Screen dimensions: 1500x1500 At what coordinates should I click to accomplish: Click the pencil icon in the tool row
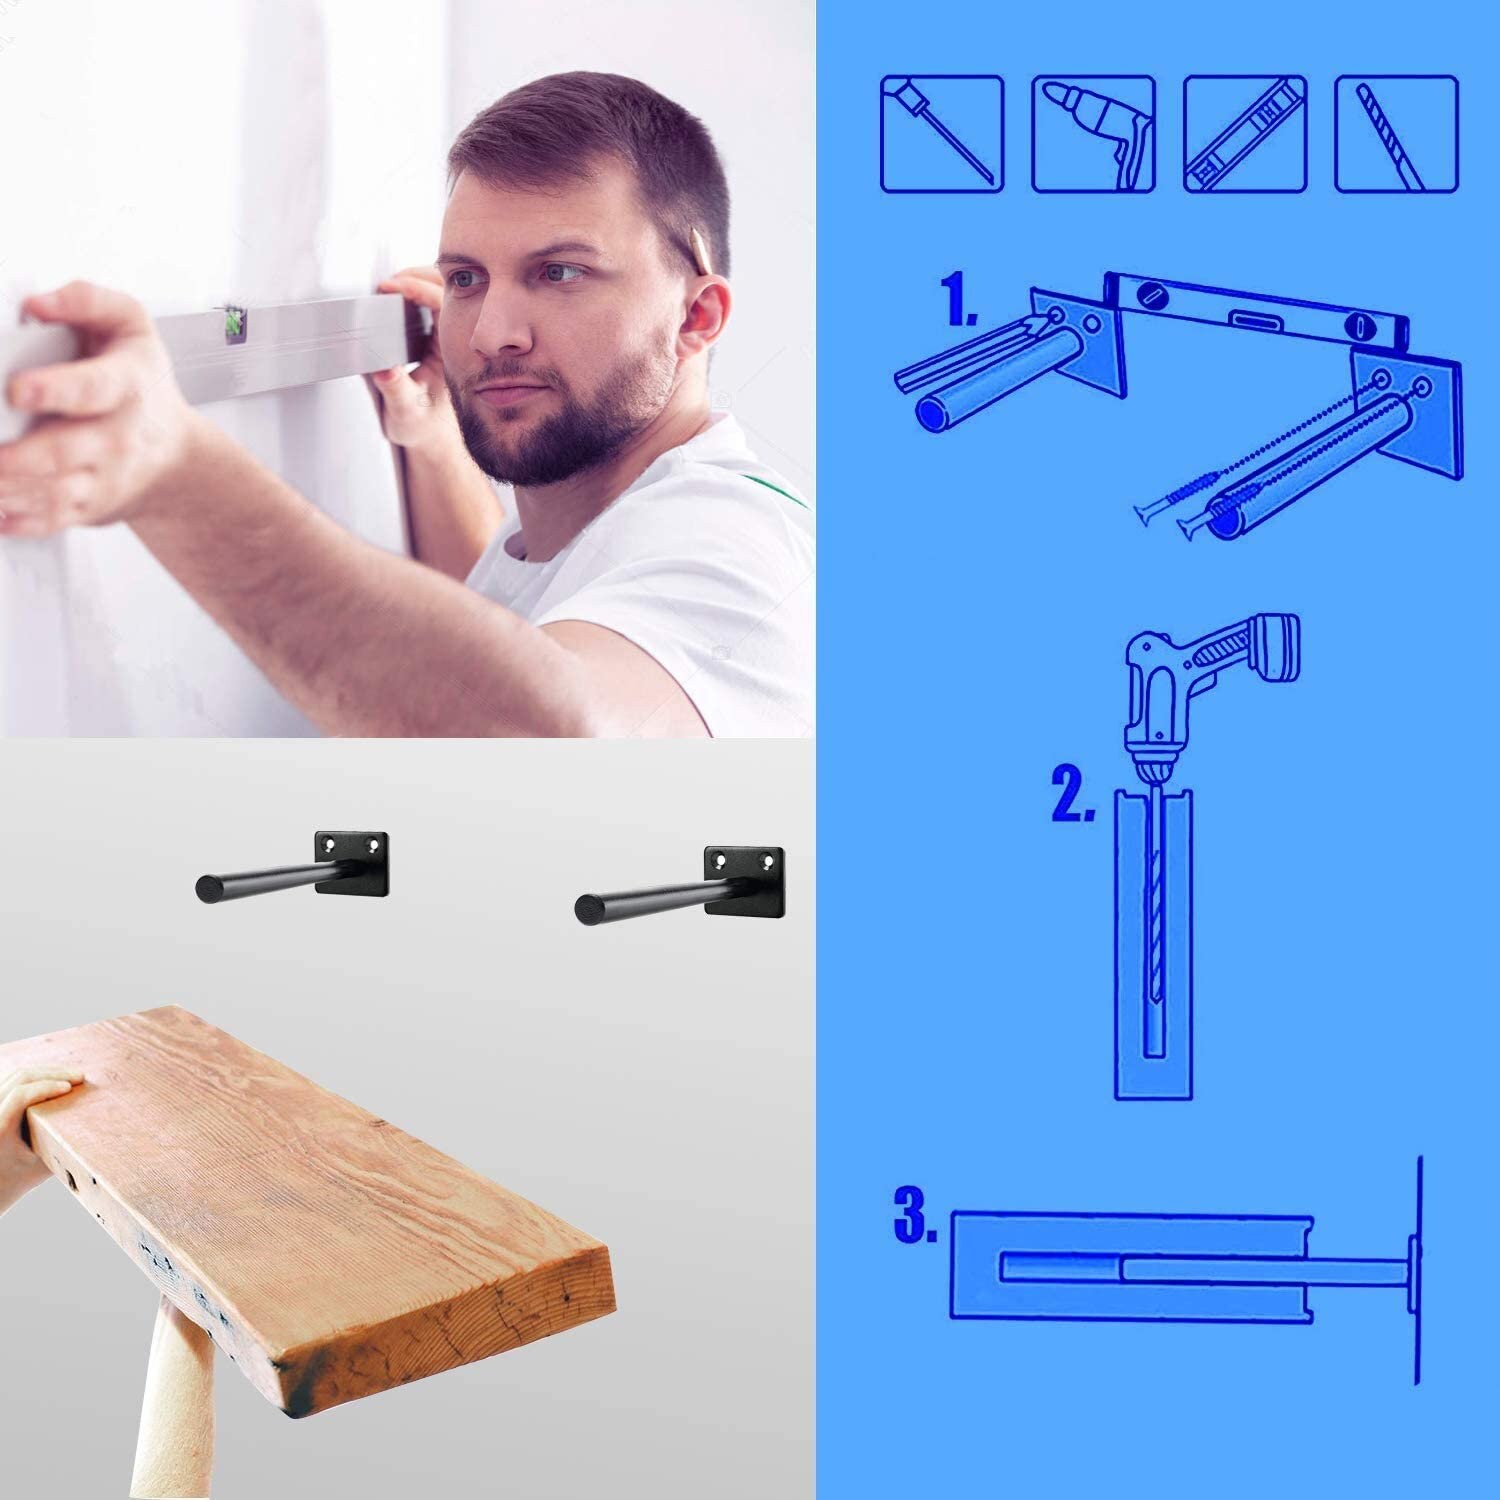pyautogui.click(x=941, y=134)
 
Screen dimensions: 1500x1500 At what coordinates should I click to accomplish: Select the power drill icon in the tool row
pyautogui.click(x=1093, y=134)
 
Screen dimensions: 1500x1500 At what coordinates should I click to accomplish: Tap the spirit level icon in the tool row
pyautogui.click(x=1245, y=134)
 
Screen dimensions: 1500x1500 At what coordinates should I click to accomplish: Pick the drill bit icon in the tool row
pyautogui.click(x=1396, y=134)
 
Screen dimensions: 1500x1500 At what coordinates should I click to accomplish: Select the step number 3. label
pyautogui.click(x=914, y=1215)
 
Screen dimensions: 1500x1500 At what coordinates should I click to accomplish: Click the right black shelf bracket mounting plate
pyautogui.click(x=744, y=875)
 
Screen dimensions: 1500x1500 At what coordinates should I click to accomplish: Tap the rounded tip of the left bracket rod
pyautogui.click(x=206, y=885)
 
